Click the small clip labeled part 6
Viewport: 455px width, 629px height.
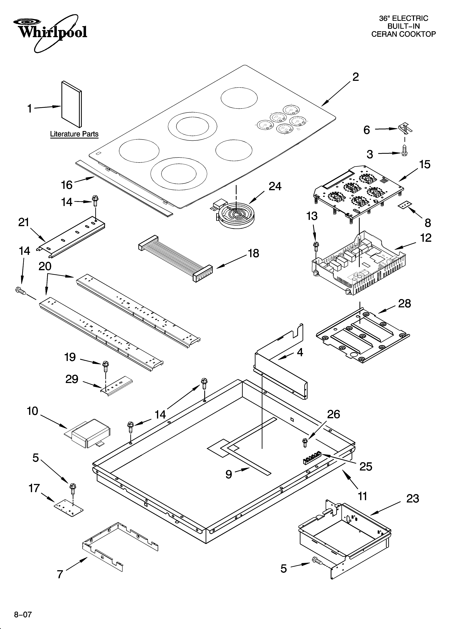[405, 128]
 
